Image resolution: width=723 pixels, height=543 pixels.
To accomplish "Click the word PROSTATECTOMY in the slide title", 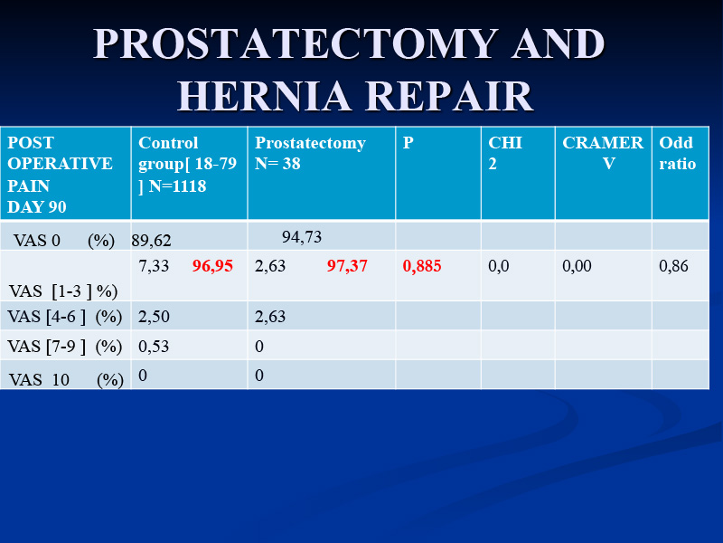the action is pos(296,43).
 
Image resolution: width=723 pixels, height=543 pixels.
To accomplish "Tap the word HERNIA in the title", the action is pos(264,96).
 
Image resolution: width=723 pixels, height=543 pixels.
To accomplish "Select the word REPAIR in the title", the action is pos(449,96).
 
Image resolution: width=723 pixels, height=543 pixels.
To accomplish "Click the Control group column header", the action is pos(187,164).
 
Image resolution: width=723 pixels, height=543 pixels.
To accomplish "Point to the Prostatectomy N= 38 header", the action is pos(310,153).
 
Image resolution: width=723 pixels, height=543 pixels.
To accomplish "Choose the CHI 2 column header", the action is pos(505,153).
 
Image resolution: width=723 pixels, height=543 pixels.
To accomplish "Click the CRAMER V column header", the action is pos(603,153).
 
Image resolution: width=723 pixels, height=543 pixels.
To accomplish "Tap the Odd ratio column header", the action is pos(677,153).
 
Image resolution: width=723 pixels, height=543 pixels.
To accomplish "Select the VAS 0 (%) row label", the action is pos(64,241).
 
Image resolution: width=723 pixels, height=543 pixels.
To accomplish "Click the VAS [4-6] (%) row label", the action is pos(65,317).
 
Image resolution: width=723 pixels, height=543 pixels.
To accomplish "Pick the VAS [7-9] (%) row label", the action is pos(65,347).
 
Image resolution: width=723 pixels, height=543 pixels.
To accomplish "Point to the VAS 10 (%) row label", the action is pos(66,379).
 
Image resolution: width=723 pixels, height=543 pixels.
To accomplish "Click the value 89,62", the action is pos(151,241).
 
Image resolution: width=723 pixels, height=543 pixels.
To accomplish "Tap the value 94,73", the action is pos(302,237).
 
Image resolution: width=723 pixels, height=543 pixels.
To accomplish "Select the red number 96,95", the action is pos(212,266).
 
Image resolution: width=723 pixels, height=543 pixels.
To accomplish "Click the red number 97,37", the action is pos(347,266).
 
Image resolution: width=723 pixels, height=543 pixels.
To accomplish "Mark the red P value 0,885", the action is pos(422,266).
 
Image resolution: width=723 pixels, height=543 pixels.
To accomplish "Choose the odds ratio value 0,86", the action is pos(673,266).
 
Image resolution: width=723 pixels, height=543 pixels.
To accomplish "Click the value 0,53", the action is pos(154,347).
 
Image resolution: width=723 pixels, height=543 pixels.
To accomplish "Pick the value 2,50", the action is pos(154,317).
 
